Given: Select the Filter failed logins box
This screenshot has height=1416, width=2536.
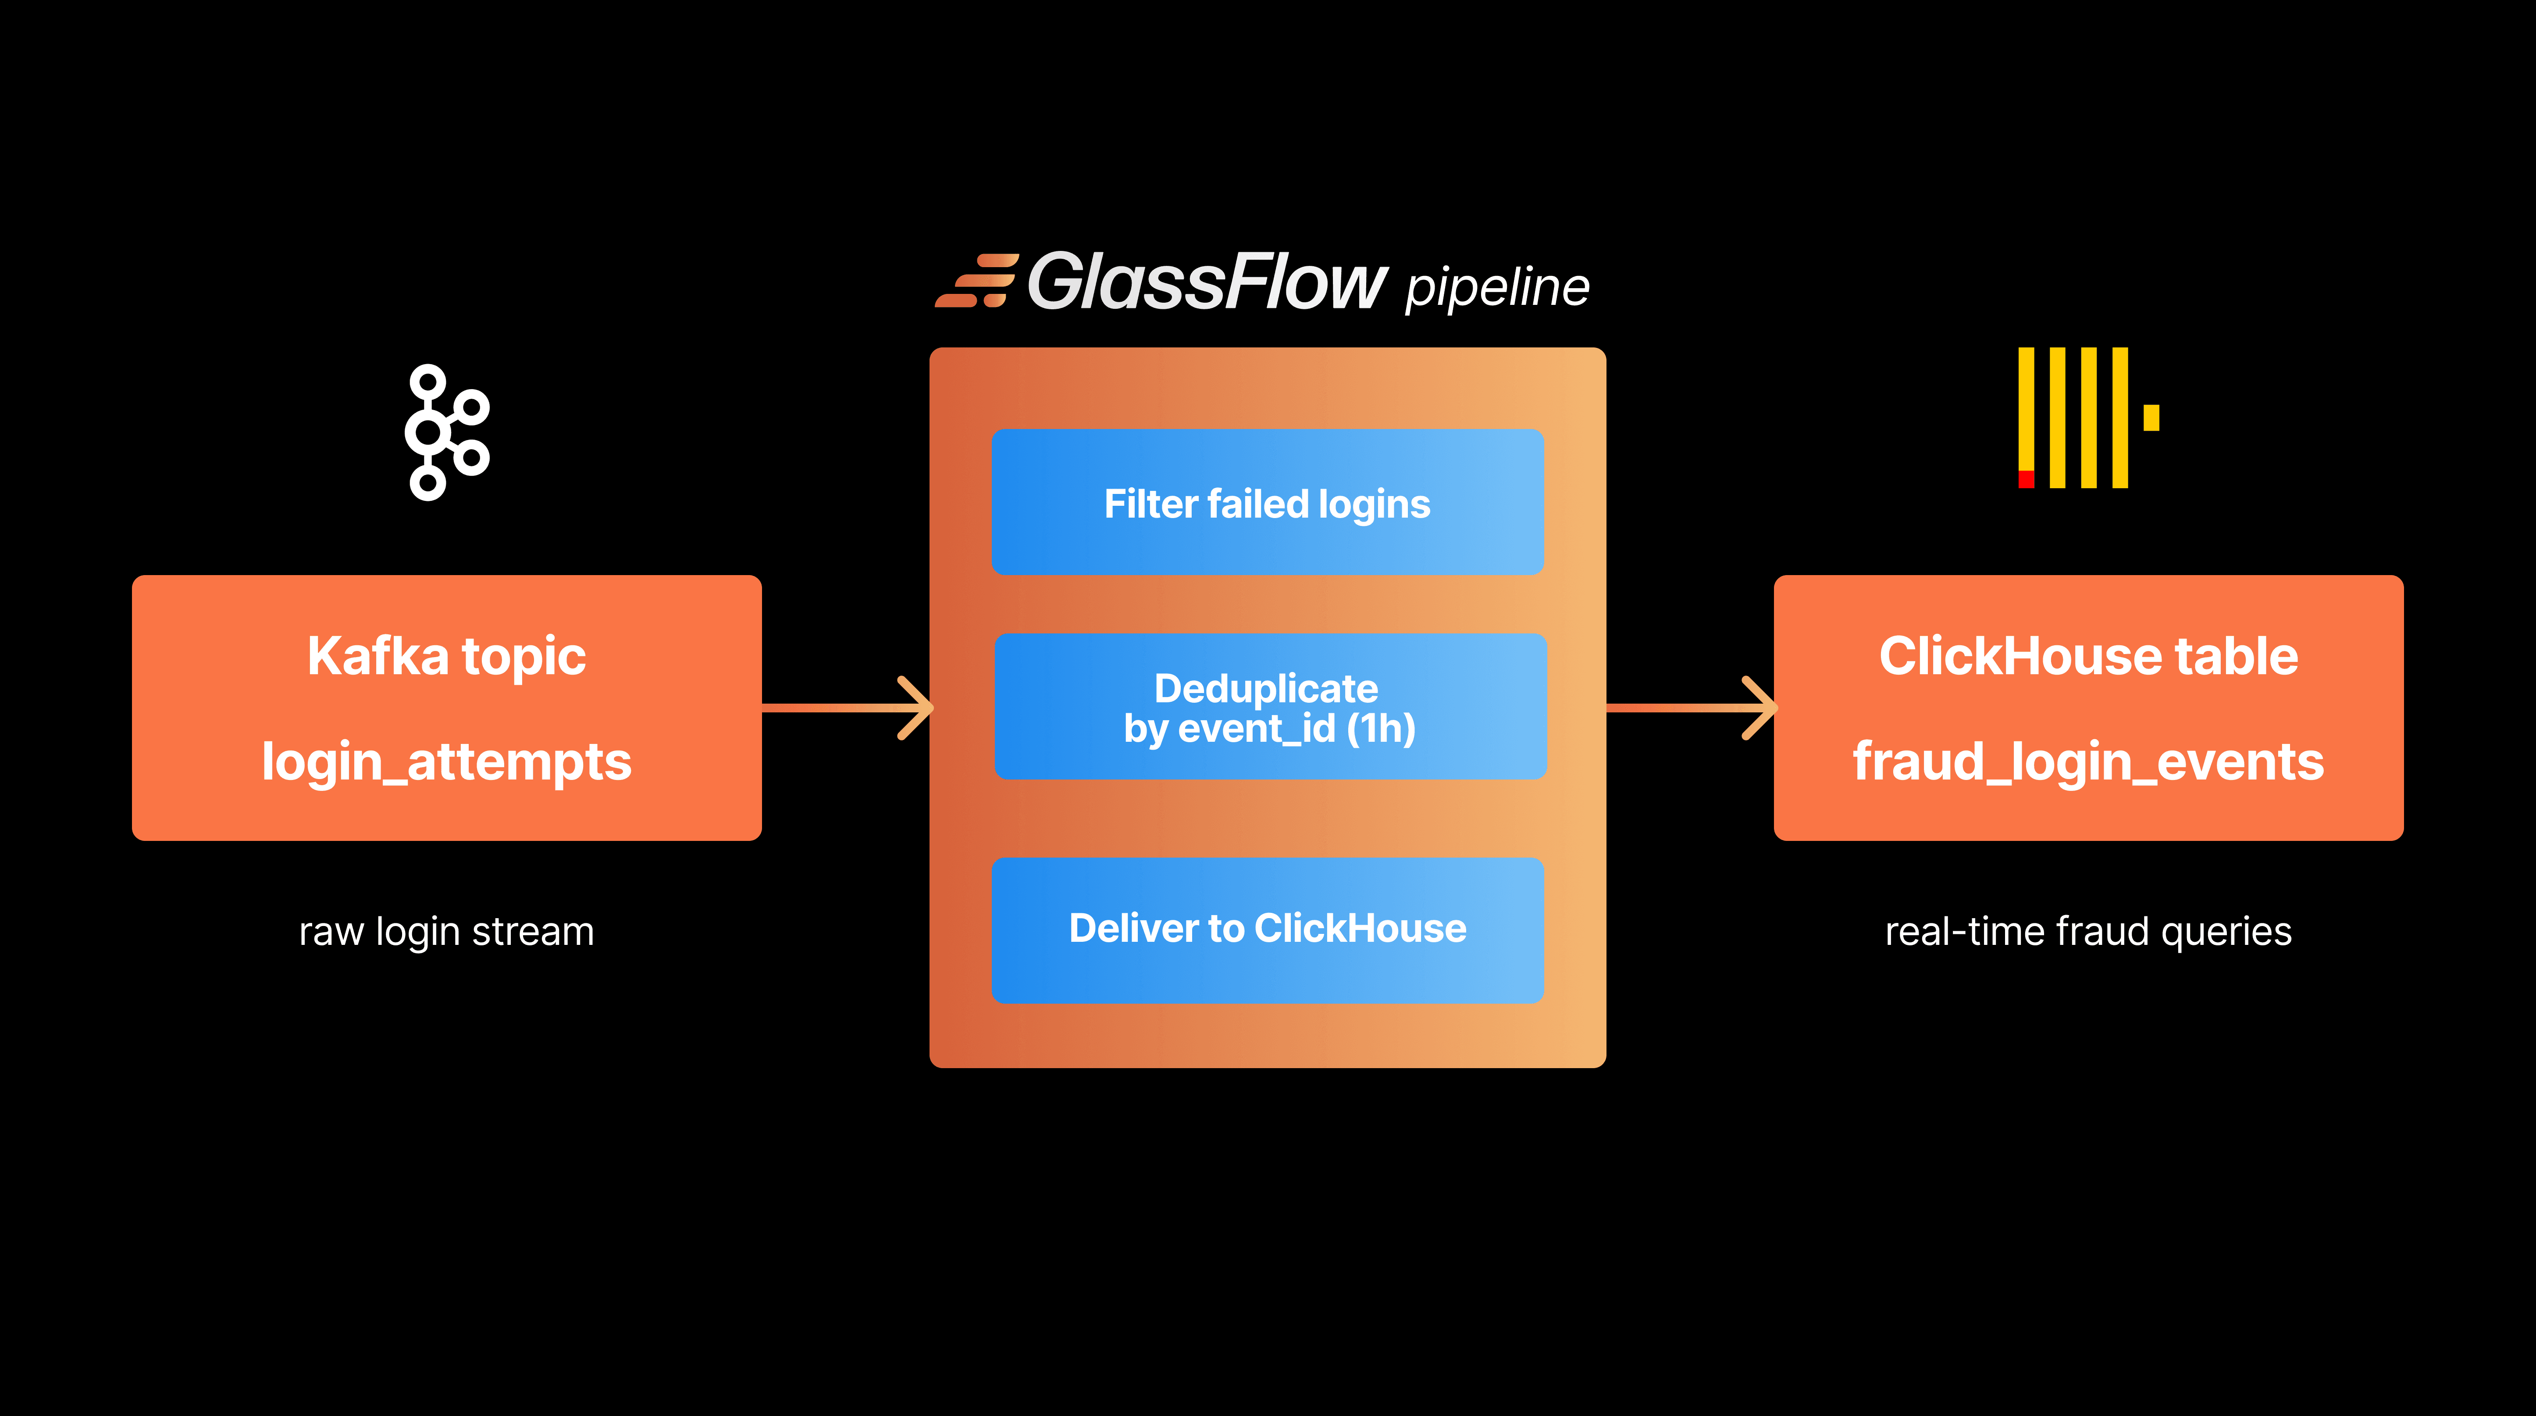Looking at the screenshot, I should tap(1267, 502).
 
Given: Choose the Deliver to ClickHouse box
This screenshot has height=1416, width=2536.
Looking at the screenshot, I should tap(1267, 930).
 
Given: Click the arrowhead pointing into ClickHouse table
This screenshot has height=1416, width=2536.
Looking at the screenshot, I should tap(1760, 707).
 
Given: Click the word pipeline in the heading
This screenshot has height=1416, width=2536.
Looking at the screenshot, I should tap(1496, 287).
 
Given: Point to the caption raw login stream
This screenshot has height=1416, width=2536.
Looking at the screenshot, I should tap(446, 932).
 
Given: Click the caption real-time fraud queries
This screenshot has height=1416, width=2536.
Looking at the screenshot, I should tap(2088, 932).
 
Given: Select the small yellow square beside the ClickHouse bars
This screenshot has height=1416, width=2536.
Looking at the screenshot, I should tap(2151, 418).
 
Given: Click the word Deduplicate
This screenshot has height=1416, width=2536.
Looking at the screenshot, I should tap(1266, 688).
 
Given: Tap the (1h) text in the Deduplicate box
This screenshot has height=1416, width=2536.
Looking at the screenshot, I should tap(1381, 729).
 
